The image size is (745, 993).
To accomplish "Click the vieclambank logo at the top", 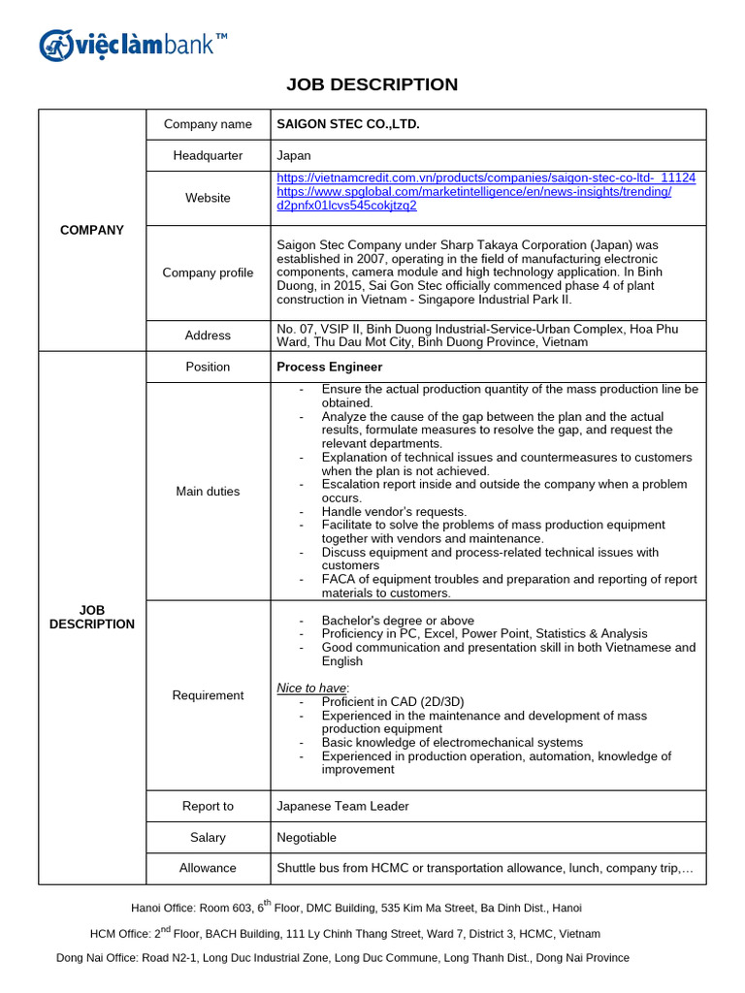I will pyautogui.click(x=133, y=44).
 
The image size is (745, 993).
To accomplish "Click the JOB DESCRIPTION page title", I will pyautogui.click(x=372, y=84).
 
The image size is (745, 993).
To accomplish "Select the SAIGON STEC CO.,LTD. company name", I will pyautogui.click(x=348, y=124).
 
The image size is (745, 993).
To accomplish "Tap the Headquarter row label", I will pyautogui.click(x=208, y=155).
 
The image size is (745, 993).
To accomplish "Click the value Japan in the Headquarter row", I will pyautogui.click(x=294, y=155).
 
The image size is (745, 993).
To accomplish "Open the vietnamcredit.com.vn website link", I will pyautogui.click(x=485, y=178).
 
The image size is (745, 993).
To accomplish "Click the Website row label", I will pyautogui.click(x=208, y=198).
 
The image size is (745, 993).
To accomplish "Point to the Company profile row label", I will pyautogui.click(x=208, y=272).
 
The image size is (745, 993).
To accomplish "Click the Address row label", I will pyautogui.click(x=208, y=335).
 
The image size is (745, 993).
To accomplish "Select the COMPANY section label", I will pyautogui.click(x=92, y=230).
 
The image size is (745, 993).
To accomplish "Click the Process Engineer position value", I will pyautogui.click(x=329, y=367).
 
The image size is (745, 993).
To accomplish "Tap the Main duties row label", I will pyautogui.click(x=208, y=491).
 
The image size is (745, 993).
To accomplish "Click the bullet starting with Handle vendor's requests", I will pyautogui.click(x=394, y=511).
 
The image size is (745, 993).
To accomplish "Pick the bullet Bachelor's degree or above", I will pyautogui.click(x=397, y=620).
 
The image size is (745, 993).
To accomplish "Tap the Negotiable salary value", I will pyautogui.click(x=307, y=837).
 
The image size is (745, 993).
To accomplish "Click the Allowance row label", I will pyautogui.click(x=208, y=868).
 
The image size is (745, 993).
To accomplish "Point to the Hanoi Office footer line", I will pyautogui.click(x=356, y=908).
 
